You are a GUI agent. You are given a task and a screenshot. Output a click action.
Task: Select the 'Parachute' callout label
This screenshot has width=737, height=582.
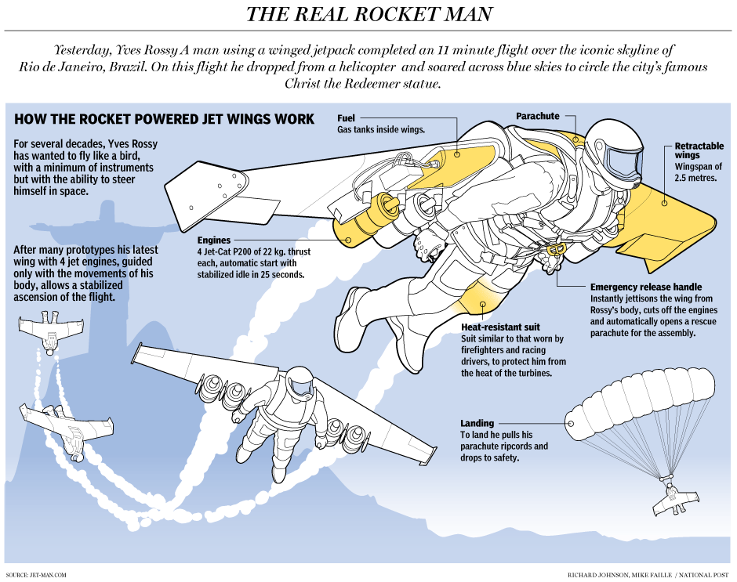point(537,116)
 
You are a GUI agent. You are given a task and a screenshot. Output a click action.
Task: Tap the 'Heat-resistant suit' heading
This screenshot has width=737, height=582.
point(499,327)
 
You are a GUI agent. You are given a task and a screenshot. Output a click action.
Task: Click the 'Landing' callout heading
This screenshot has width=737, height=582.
point(477,424)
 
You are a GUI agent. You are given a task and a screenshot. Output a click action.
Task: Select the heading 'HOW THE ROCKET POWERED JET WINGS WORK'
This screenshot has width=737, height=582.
point(165,120)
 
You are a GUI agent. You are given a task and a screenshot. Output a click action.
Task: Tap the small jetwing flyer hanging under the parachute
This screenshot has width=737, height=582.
point(673,496)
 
